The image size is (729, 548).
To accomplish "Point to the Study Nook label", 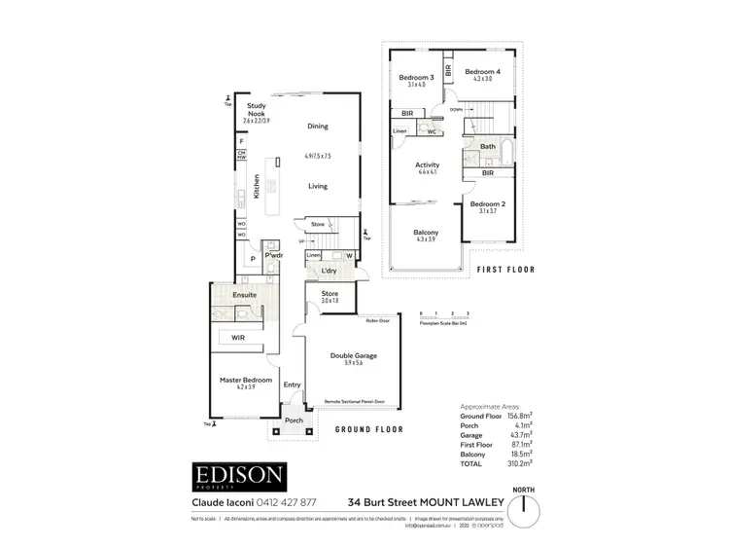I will pyautogui.click(x=257, y=109).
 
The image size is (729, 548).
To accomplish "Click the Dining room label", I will pyautogui.click(x=318, y=127).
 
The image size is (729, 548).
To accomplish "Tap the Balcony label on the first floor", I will pyautogui.click(x=426, y=233).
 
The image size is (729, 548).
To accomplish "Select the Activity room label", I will pyautogui.click(x=428, y=165).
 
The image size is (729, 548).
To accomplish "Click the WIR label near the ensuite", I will pyautogui.click(x=238, y=337).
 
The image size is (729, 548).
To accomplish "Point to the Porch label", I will pyautogui.click(x=294, y=421).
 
